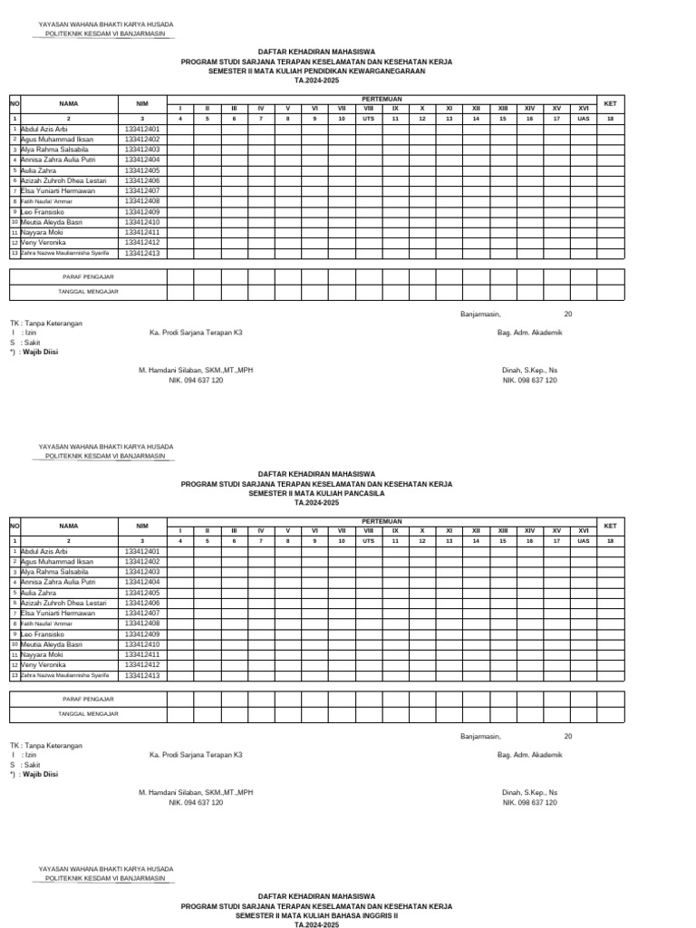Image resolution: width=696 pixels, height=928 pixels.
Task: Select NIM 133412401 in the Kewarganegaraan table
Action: pyautogui.click(x=141, y=130)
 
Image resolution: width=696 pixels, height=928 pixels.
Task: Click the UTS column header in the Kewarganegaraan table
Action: pyautogui.click(x=368, y=119)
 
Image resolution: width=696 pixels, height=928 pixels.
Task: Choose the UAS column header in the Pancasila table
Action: pyautogui.click(x=584, y=541)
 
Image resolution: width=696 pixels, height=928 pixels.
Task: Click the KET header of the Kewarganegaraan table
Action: pyautogui.click(x=610, y=103)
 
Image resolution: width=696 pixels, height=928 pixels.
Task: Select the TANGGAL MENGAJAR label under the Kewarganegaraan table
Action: pyautogui.click(x=88, y=291)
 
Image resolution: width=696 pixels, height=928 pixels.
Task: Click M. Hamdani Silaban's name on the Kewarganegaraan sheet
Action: pyautogui.click(x=196, y=371)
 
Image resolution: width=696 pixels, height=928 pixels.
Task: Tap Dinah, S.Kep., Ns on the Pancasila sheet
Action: pyautogui.click(x=530, y=792)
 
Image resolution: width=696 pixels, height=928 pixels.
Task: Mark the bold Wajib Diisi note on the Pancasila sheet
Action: pyautogui.click(x=40, y=775)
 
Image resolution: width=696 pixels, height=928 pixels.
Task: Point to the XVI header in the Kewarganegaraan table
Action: pyautogui.click(x=584, y=109)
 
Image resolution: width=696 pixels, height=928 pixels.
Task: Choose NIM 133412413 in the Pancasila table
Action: pyautogui.click(x=141, y=675)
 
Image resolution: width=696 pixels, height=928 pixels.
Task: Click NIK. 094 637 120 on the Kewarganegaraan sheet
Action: pyautogui.click(x=196, y=381)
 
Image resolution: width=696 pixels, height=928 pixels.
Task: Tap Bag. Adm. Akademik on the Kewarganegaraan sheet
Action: pyautogui.click(x=530, y=333)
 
